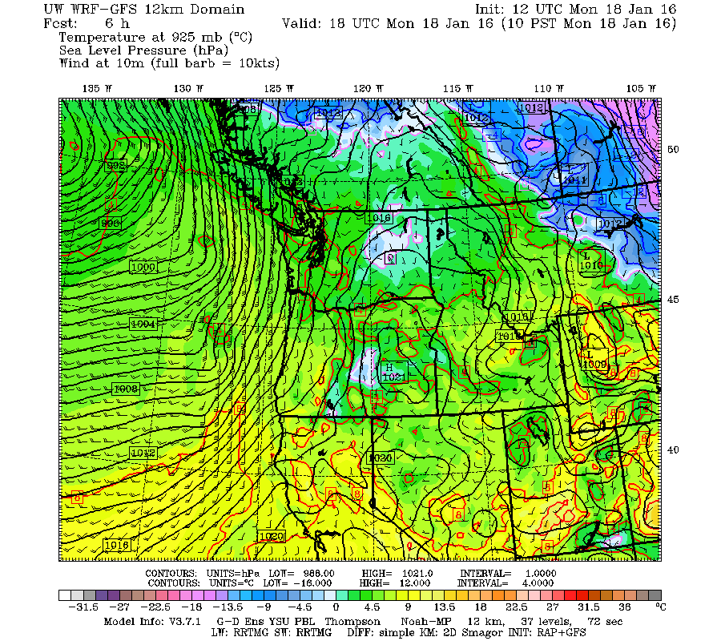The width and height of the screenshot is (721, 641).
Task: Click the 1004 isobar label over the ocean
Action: (143, 324)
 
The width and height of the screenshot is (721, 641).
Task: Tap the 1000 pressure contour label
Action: (143, 266)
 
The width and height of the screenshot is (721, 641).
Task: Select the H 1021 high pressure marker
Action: (393, 371)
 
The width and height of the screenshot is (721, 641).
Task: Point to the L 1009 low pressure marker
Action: (594, 360)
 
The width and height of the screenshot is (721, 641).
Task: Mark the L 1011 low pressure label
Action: (574, 175)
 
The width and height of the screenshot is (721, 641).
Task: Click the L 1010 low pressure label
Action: (590, 260)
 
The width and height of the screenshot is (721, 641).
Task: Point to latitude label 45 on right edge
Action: (674, 300)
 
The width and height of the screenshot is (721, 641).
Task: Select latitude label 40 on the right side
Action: (674, 450)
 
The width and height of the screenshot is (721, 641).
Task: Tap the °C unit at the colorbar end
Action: (660, 607)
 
